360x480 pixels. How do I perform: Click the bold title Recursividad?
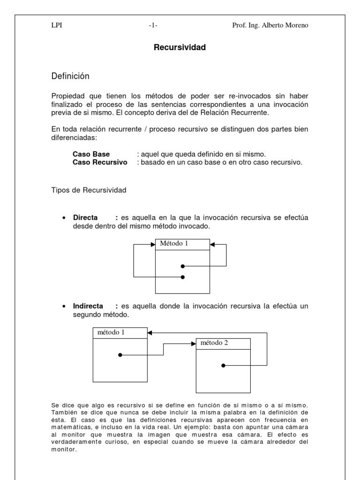pyautogui.click(x=180, y=47)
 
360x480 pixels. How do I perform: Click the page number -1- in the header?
pyautogui.click(x=153, y=26)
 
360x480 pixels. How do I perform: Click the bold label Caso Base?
pyautogui.click(x=91, y=154)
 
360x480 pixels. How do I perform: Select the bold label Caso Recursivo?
pyautogui.click(x=100, y=162)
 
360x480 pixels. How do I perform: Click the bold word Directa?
pyautogui.click(x=85, y=217)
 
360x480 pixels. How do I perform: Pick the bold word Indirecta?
pyautogui.click(x=88, y=306)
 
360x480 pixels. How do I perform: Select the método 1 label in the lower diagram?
pyautogui.click(x=111, y=332)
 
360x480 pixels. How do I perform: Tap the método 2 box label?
pyautogui.click(x=214, y=343)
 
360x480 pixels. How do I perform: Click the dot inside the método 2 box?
pyautogui.click(x=223, y=365)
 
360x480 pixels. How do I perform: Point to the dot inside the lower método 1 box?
pyautogui.click(x=120, y=355)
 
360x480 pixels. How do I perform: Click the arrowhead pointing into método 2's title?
pyautogui.click(x=193, y=343)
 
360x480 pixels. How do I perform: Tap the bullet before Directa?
pyautogui.click(x=63, y=218)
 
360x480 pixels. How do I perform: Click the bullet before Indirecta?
pyautogui.click(x=63, y=306)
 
